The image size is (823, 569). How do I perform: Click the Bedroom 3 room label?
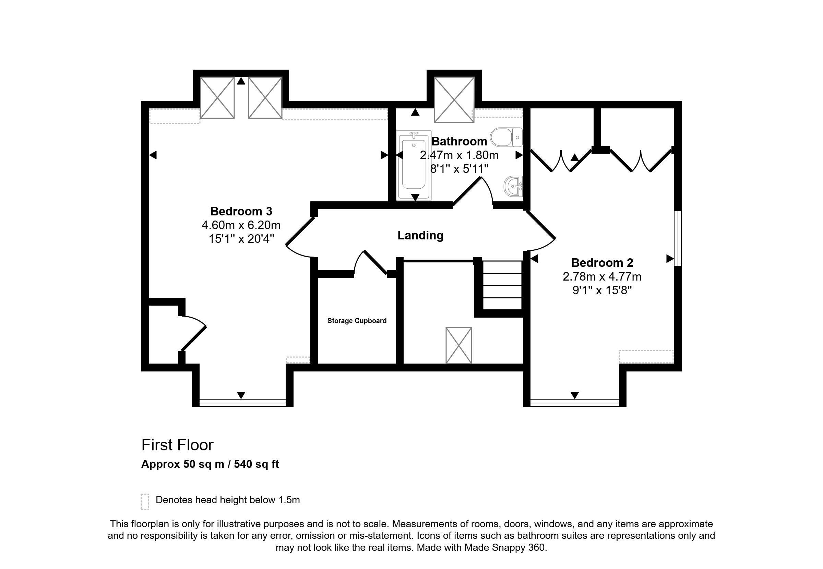(x=241, y=211)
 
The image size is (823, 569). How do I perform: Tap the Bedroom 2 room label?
(x=602, y=263)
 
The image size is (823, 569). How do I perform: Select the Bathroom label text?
(x=459, y=142)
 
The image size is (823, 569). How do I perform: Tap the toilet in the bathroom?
(x=506, y=137)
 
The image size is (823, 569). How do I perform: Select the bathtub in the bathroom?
(x=414, y=165)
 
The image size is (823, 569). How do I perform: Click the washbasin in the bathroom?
(x=513, y=186)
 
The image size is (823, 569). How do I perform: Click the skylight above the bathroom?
(x=454, y=100)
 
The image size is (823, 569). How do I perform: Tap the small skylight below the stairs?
(x=459, y=345)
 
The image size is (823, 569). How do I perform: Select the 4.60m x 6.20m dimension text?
(x=241, y=225)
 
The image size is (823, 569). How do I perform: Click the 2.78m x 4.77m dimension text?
(x=602, y=277)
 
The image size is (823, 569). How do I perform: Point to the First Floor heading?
(x=178, y=445)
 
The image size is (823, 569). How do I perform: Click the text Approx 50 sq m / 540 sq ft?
(x=210, y=464)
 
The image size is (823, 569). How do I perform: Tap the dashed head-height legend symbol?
(x=145, y=502)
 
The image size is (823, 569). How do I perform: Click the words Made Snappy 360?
(x=505, y=547)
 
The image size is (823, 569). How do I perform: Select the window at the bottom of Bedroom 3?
(x=242, y=403)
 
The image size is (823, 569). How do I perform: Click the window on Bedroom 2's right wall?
(x=678, y=238)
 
